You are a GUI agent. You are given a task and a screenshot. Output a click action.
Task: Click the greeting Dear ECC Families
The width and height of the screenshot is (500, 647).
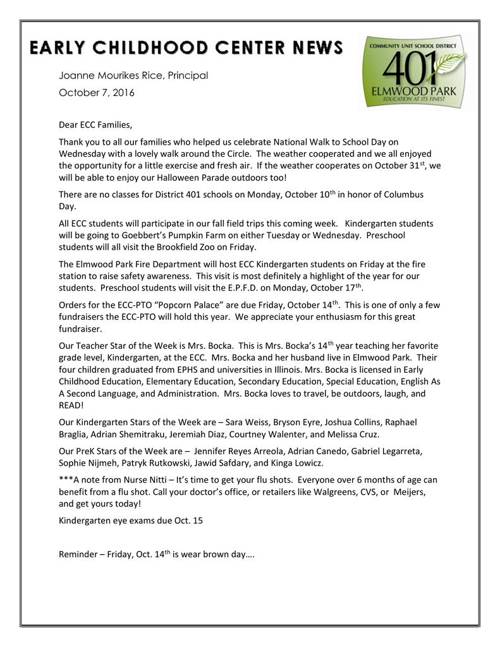click(x=96, y=125)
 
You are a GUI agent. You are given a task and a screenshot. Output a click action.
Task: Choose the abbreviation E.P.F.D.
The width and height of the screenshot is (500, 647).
click(x=226, y=287)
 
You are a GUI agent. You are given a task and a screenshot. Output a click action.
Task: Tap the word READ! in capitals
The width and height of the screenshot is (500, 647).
click(x=71, y=405)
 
